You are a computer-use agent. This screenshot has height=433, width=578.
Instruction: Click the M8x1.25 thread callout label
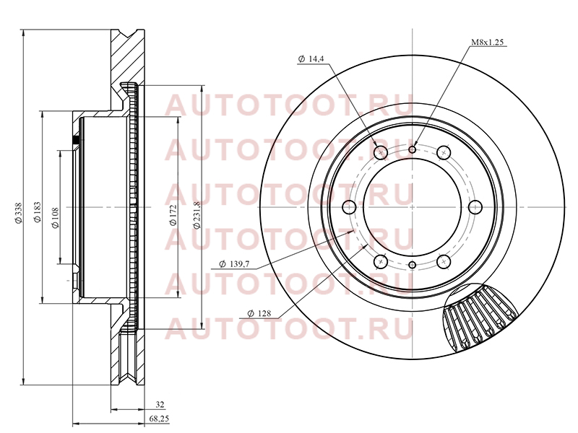pos(487,43)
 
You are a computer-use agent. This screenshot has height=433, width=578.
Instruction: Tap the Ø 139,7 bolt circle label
pos(234,264)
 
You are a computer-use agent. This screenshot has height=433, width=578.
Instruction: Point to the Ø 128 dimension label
pos(259,313)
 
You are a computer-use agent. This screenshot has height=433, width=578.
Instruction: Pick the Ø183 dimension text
pos(38,212)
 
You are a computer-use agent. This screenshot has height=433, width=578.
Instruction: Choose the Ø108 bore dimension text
pos(56,218)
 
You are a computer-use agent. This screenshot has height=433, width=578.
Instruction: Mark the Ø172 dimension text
pos(173,215)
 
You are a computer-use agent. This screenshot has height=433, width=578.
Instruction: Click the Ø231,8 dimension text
pos(197,215)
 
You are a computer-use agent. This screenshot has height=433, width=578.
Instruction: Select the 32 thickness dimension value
pos(160,405)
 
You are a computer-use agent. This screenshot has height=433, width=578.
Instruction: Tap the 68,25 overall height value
pos(159,419)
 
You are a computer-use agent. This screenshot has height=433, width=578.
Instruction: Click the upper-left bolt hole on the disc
pos(381,152)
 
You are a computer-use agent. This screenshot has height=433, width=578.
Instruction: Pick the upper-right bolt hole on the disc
pos(444,152)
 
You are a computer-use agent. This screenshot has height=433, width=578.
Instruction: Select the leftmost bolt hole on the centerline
pos(350,207)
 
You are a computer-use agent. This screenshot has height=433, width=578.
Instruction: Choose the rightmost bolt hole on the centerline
pos(475,207)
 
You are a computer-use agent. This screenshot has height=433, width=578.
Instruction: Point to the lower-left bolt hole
pos(381,262)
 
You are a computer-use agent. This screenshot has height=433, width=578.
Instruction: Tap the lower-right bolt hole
pos(444,262)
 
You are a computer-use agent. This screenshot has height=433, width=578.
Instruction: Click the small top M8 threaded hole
pos(413,149)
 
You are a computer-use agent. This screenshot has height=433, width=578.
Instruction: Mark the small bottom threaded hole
pos(413,265)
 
